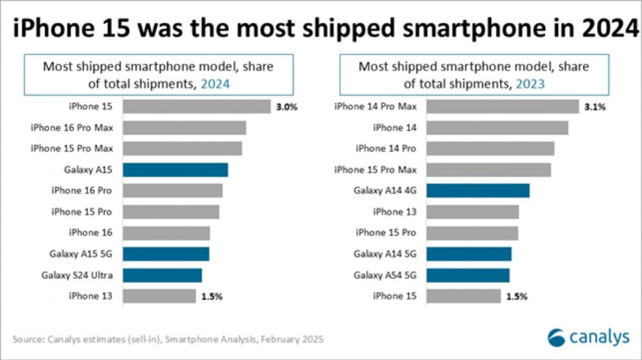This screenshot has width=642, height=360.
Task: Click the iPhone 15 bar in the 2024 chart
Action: [196, 107]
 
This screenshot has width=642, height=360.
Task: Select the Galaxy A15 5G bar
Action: [166, 254]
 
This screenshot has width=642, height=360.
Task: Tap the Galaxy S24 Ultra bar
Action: [162, 275]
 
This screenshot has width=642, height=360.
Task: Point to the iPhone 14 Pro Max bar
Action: [503, 107]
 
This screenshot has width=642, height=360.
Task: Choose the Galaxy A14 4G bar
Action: [478, 191]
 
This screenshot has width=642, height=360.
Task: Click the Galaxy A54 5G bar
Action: [468, 275]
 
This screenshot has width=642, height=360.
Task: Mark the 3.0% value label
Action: [287, 107]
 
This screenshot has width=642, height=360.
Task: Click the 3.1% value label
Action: [595, 107]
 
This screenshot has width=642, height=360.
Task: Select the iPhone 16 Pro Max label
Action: [72, 128]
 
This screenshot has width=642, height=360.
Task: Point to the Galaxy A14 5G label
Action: [385, 254]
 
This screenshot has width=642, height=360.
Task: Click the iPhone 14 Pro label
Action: [386, 148]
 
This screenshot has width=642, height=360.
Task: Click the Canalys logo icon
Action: [556, 338]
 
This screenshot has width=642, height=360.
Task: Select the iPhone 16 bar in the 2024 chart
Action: [166, 233]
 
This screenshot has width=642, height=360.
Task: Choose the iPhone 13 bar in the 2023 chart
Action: [473, 212]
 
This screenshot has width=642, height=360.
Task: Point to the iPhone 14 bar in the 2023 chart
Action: [498, 128]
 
